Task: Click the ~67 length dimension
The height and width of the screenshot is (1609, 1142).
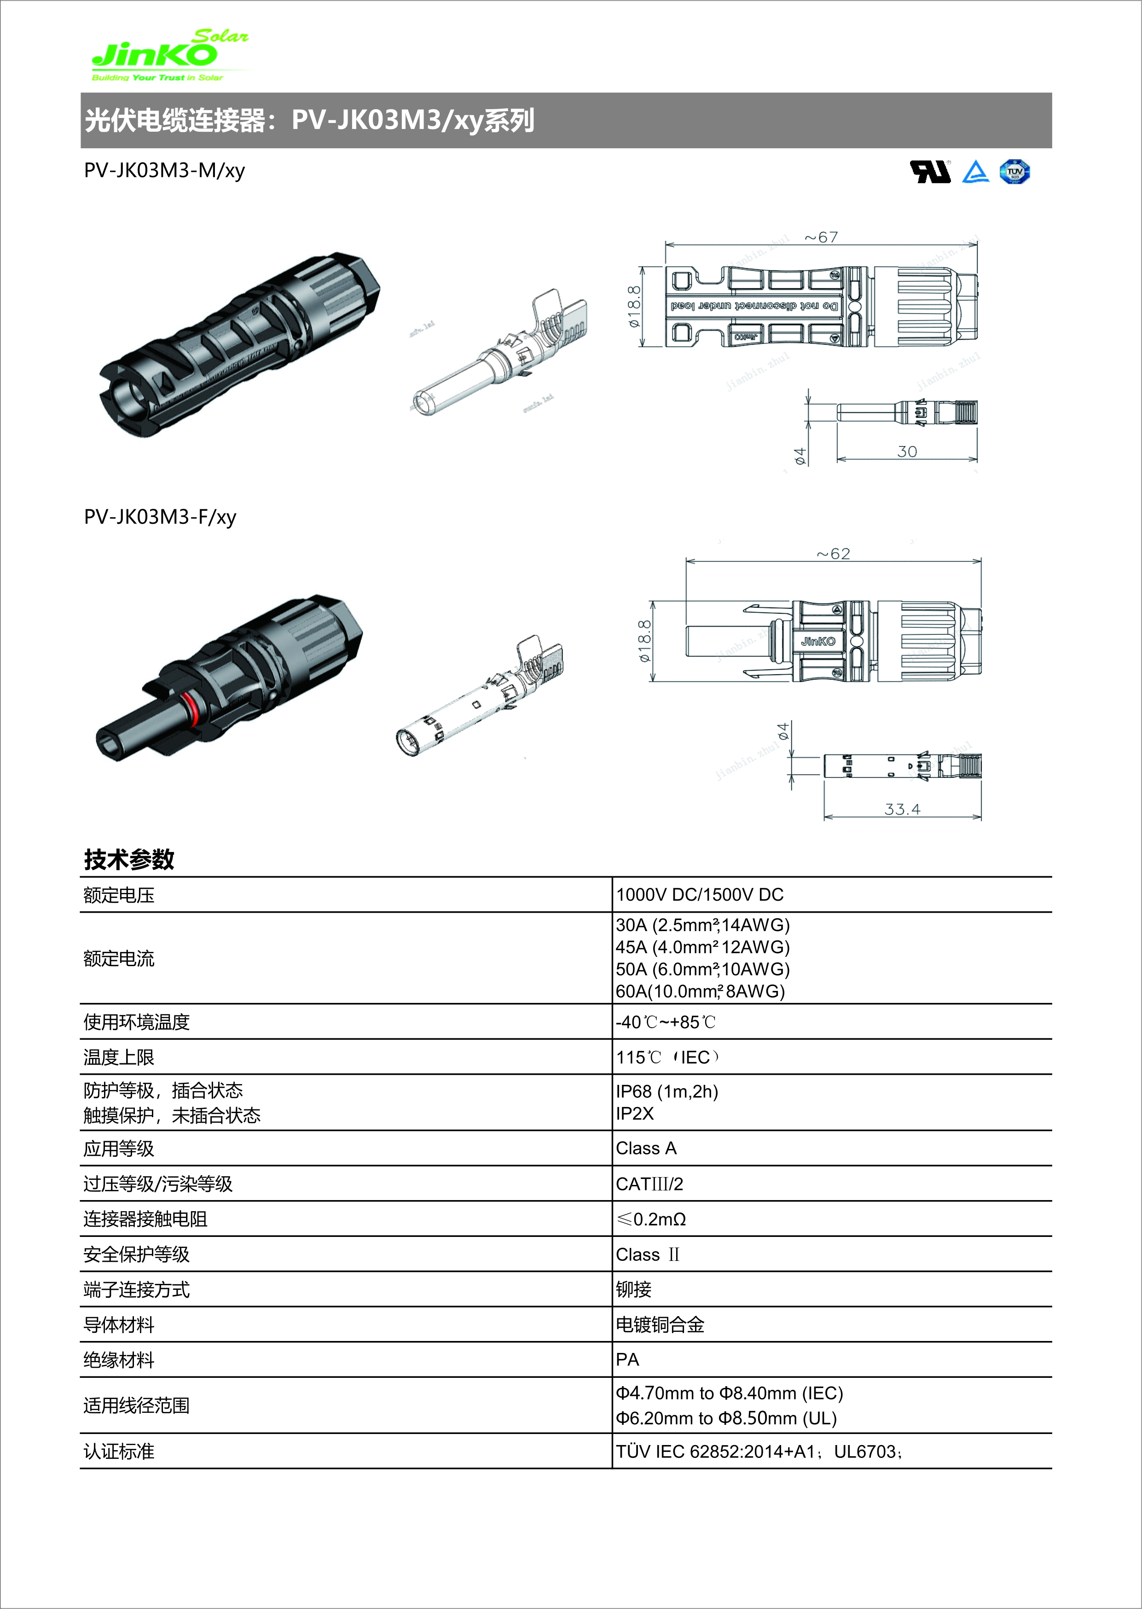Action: [x=821, y=237]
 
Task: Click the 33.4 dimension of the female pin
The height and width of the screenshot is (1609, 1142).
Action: [x=902, y=809]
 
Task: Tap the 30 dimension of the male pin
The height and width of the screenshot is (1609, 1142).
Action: [x=907, y=452]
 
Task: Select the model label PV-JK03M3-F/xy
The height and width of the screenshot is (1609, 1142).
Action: [x=160, y=517]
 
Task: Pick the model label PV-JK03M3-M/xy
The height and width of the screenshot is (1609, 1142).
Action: [x=164, y=171]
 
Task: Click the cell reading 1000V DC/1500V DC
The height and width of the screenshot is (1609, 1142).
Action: [x=700, y=895]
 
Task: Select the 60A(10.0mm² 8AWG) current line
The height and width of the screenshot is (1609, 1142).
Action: [x=701, y=991]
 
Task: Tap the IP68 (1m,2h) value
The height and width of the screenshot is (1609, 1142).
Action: [x=667, y=1091]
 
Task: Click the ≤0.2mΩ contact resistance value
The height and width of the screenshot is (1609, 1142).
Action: [x=651, y=1219]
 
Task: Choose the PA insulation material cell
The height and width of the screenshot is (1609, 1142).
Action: [x=627, y=1360]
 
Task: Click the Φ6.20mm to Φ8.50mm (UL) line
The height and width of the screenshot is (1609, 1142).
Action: [x=726, y=1418]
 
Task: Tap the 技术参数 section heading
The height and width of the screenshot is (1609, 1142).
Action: [x=129, y=859]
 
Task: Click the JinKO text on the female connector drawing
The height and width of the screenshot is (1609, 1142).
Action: [x=818, y=641]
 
